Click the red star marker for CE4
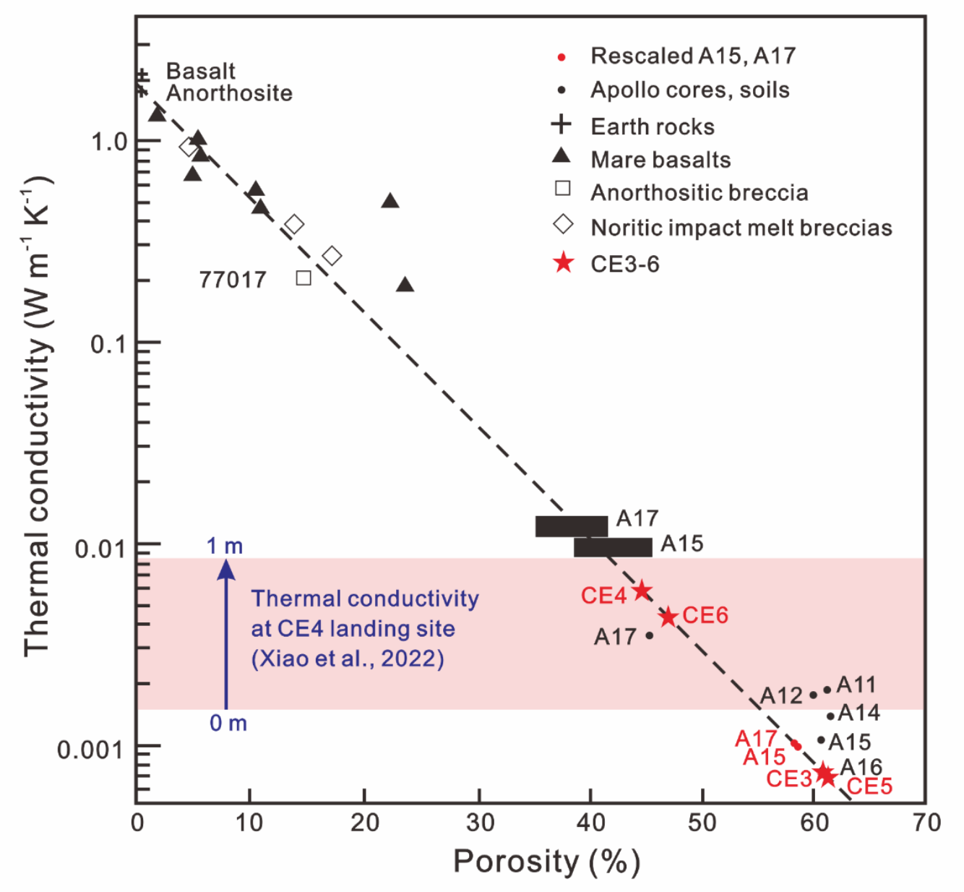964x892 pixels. pos(642,591)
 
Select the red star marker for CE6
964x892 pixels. pos(668,617)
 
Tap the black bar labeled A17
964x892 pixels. pos(571,526)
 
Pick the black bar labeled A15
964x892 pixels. pos(613,547)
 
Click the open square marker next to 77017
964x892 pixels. pos(304,278)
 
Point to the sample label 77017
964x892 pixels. pos(233,280)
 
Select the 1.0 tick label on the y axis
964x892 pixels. pos(109,142)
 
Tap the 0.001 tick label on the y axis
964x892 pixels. pos(92,750)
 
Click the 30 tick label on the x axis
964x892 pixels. pos(479,823)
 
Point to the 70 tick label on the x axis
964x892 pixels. pos(926,823)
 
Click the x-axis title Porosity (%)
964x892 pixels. pos(546,862)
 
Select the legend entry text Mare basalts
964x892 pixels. pos(660,160)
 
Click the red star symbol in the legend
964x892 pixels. pos(563,263)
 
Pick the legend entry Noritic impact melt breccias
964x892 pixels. pos(741,228)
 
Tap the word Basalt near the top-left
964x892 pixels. pos(200,71)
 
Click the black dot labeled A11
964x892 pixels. pos(827,690)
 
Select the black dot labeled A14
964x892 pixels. pos(830,716)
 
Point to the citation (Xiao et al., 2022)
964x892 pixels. pos(348,659)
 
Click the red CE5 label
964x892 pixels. pos(869,786)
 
